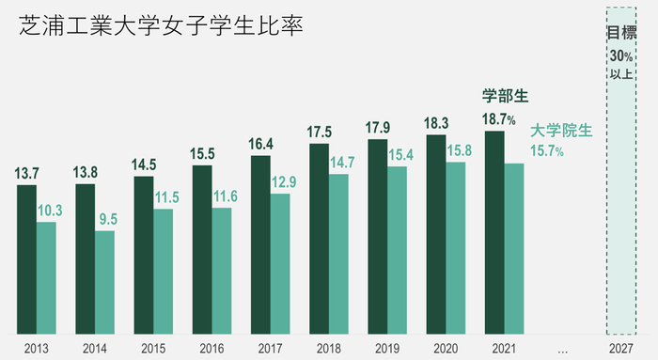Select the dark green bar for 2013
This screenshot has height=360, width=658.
pyautogui.click(x=26, y=258)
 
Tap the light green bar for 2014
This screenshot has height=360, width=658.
pyautogui.click(x=104, y=282)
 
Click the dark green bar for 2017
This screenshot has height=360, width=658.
pyautogui.click(x=260, y=244)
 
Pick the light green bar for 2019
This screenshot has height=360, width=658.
pyautogui.click(x=398, y=249)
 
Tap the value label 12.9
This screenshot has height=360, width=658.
pyautogui.click(x=281, y=182)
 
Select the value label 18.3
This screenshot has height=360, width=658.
pyautogui.click(x=437, y=123)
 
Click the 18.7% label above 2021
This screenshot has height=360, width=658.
pyautogui.click(x=498, y=119)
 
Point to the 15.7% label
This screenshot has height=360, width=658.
pyautogui.click(x=547, y=151)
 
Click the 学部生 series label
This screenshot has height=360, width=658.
pyautogui.click(x=506, y=96)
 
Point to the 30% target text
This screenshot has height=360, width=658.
pyautogui.click(x=620, y=55)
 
